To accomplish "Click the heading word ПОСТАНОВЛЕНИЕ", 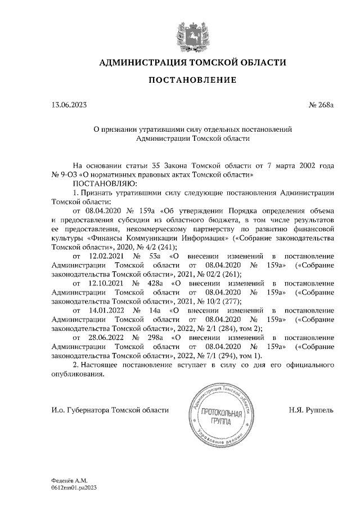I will pos(192,80).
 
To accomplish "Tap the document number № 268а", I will pos(321,105).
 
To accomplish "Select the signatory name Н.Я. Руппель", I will pos(309,410).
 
